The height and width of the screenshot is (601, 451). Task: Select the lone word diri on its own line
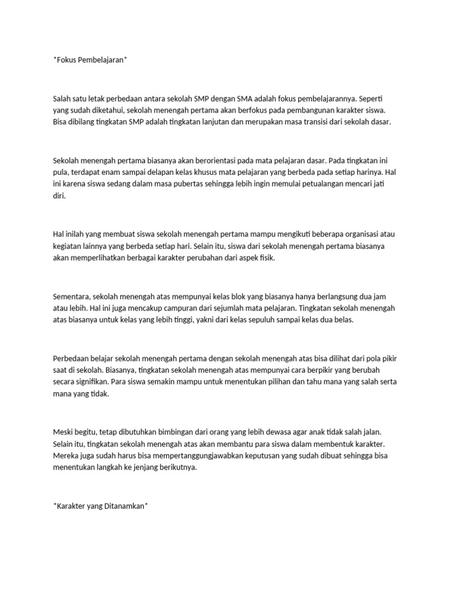click(x=59, y=197)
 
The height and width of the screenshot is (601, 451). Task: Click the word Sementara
click(x=72, y=296)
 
